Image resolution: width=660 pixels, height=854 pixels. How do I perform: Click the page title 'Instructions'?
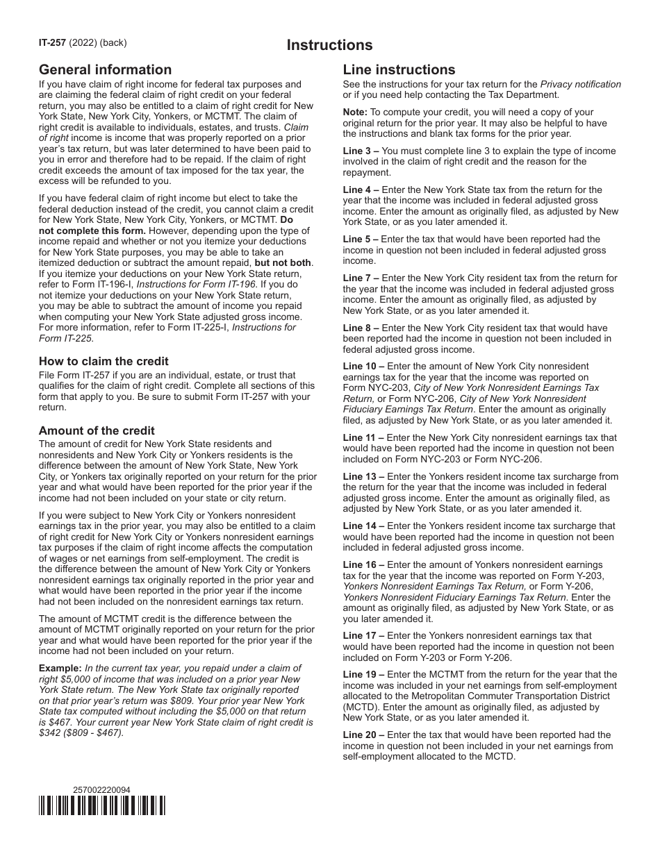[x=330, y=45]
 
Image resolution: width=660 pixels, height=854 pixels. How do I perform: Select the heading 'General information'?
[x=105, y=69]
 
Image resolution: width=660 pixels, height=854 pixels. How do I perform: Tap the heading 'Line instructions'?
[x=399, y=69]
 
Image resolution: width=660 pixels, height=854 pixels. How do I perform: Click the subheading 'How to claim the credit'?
[x=104, y=361]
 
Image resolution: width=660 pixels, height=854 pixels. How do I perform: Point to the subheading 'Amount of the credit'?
[x=97, y=430]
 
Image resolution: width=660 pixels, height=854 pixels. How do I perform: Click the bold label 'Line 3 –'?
[x=361, y=151]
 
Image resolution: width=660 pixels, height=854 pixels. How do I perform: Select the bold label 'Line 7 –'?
[x=361, y=278]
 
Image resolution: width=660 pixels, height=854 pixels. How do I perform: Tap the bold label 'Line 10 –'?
[x=363, y=366]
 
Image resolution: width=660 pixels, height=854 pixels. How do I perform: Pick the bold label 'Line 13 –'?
[x=363, y=476]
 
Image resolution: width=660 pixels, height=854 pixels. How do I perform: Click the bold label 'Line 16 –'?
[x=363, y=564]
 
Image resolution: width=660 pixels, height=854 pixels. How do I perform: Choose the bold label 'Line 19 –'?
[x=363, y=674]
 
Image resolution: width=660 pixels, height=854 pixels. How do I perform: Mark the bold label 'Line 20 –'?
[x=363, y=735]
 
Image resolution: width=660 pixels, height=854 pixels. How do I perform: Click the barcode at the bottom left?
[x=102, y=805]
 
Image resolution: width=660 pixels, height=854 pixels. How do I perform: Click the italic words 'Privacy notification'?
[x=580, y=84]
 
